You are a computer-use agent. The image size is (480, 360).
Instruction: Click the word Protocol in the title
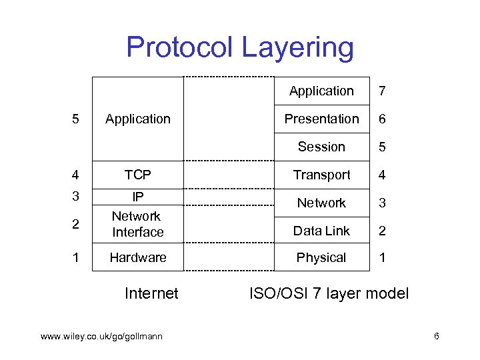(x=180, y=48)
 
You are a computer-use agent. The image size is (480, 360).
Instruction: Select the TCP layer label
(x=138, y=175)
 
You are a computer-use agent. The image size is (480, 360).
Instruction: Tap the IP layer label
(x=138, y=197)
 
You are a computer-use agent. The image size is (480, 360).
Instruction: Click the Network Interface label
(x=137, y=224)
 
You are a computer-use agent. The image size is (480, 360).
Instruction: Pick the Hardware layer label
(x=138, y=257)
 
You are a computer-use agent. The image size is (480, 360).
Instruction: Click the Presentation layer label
(x=321, y=119)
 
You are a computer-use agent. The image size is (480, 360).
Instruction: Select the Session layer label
(x=321, y=147)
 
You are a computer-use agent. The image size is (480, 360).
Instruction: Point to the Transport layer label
(x=321, y=175)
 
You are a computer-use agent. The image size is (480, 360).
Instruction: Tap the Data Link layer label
(x=321, y=231)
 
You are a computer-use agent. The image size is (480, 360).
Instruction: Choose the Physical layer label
(x=321, y=257)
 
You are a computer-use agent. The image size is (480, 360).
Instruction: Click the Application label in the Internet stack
(x=138, y=119)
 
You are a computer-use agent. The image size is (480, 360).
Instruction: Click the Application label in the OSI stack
(x=321, y=91)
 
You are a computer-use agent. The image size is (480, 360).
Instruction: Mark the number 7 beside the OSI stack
(x=382, y=91)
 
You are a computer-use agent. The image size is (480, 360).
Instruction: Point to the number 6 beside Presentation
(x=382, y=119)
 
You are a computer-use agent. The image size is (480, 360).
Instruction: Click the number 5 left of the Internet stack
(x=75, y=119)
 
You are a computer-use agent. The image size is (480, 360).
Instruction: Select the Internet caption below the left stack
(x=151, y=293)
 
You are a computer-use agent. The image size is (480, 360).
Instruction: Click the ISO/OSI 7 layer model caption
(x=329, y=293)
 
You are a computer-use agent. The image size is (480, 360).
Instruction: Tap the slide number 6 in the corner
(x=436, y=336)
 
